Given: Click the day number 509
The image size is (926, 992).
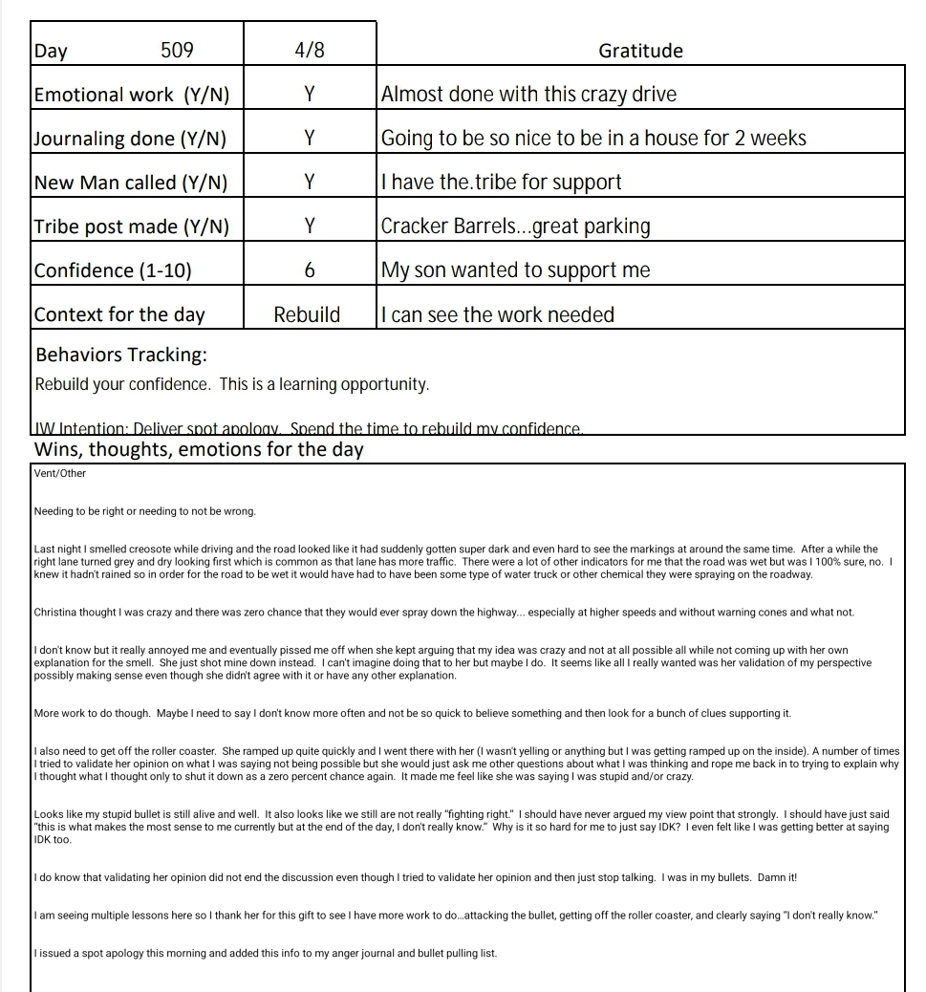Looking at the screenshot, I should point(177,51).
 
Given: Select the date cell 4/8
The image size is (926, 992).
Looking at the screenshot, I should point(310,51).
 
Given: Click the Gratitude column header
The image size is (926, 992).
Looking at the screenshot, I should point(640,51).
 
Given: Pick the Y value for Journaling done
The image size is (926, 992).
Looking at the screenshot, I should point(310,139).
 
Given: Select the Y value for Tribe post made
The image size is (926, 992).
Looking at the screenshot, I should point(310,226).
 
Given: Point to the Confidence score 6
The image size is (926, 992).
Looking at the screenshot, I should point(310,270).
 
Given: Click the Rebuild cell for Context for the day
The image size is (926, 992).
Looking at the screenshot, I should point(307,314).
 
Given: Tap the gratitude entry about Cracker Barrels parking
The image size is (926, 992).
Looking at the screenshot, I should point(515,226).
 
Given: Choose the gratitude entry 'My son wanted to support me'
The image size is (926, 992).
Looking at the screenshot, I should point(515,270).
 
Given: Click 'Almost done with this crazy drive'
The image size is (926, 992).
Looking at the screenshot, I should point(528,95).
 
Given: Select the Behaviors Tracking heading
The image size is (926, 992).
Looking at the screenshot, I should point(121,355).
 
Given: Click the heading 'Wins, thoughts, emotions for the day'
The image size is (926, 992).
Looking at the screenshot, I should point(199,449).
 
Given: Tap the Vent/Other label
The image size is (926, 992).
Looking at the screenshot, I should point(59,473).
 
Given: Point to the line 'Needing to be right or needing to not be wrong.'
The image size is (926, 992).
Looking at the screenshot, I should point(144,511).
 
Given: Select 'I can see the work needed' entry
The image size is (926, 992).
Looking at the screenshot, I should point(497,314).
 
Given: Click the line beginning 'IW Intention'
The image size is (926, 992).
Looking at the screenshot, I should point(309,429).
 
